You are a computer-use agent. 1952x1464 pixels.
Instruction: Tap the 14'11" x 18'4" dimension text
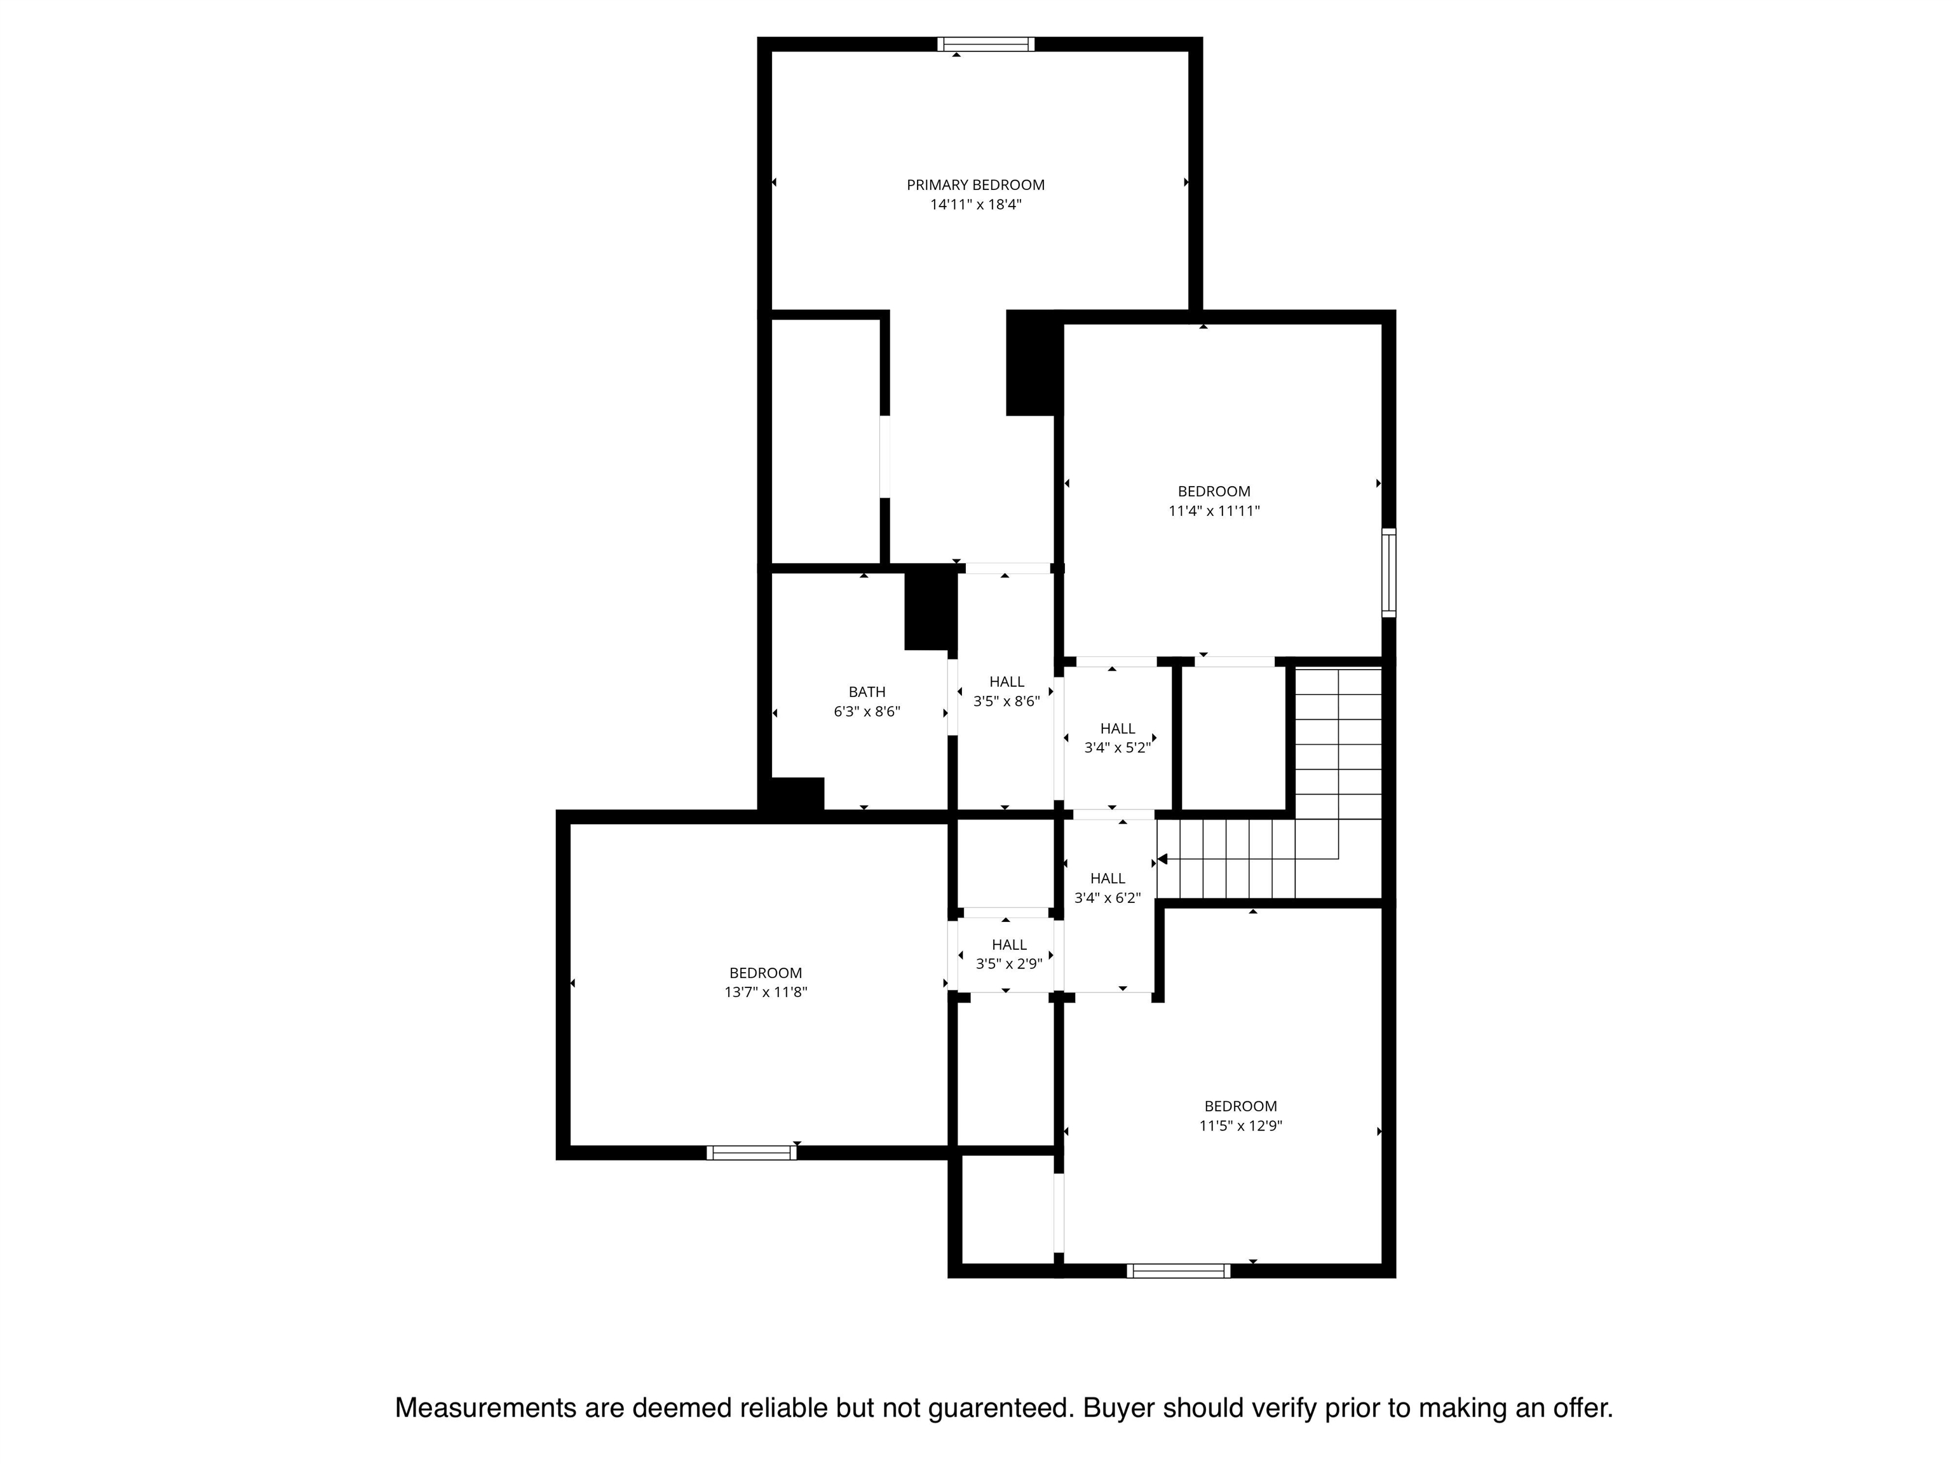pos(975,205)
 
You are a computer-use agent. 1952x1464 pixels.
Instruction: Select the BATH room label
pos(867,693)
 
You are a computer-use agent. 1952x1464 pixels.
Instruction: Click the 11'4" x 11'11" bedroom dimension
pos(1214,511)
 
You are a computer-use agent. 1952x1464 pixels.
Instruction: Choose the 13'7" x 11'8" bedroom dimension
pos(766,993)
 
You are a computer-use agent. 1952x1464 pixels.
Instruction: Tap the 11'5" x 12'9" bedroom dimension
pos(1241,1126)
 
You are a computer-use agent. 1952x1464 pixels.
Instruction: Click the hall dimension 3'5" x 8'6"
pos(1007,701)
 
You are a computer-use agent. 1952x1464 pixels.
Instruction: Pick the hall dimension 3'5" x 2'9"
pos(1008,965)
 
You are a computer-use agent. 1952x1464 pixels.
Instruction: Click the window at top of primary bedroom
pos(986,44)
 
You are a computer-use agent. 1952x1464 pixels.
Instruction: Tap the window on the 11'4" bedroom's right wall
pos(1389,572)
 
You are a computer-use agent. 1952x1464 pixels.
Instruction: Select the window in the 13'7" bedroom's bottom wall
pos(751,1153)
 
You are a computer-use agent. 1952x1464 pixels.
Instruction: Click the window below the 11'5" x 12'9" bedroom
pos(1178,1271)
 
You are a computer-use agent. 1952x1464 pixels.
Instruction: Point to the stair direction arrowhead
pos(1162,858)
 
